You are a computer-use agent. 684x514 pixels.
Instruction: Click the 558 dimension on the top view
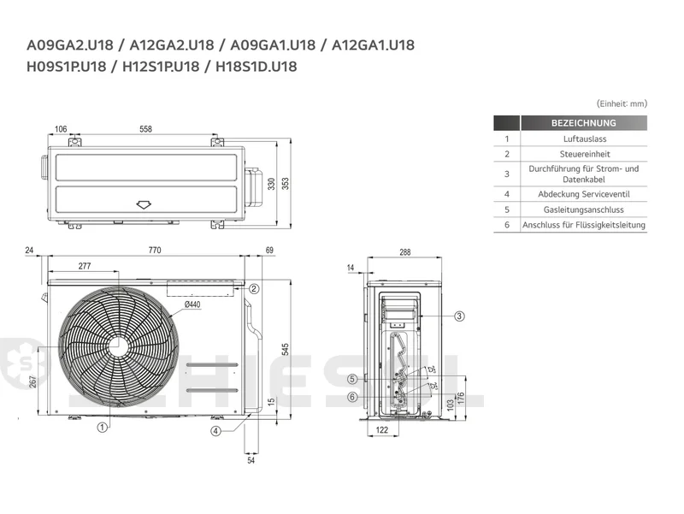pos(145,129)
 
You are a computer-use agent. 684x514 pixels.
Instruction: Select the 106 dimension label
pos(61,129)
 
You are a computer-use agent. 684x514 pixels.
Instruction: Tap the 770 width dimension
pos(155,250)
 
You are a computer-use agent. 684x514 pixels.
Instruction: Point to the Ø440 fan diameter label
pos(192,304)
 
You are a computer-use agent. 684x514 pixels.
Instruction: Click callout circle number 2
pos(254,288)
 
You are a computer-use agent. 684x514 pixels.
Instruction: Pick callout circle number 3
pos(459,316)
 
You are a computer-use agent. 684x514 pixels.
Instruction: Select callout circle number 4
pos(216,431)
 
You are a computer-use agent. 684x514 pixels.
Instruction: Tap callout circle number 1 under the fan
pos(102,427)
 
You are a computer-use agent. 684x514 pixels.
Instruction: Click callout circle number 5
pos(352,379)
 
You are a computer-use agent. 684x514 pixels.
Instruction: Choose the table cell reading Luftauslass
pos(585,139)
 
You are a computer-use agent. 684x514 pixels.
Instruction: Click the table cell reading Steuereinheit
pos(585,154)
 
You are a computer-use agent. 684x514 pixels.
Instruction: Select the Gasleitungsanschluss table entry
pos(584,210)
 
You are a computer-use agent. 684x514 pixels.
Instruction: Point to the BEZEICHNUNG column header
pos(584,123)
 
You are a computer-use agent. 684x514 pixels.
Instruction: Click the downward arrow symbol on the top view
pos(144,204)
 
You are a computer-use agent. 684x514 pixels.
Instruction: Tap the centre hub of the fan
pos(118,347)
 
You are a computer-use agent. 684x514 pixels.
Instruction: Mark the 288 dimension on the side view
pos(404,252)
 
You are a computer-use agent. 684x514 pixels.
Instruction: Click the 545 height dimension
pos(285,350)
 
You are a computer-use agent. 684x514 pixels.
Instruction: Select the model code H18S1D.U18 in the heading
pos(256,67)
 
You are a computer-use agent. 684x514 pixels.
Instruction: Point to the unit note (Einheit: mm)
pos(622,103)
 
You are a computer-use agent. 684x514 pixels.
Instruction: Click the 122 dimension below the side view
pos(381,430)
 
